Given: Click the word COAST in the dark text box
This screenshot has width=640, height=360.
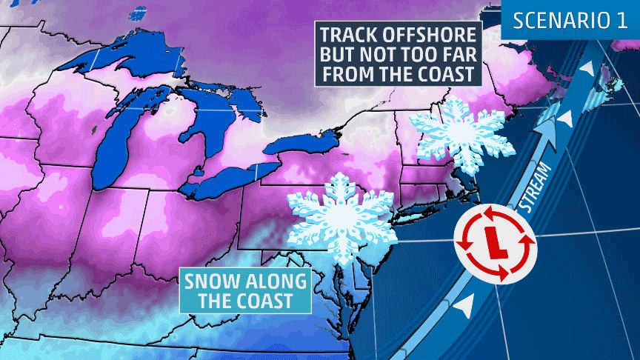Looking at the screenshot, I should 442,75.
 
